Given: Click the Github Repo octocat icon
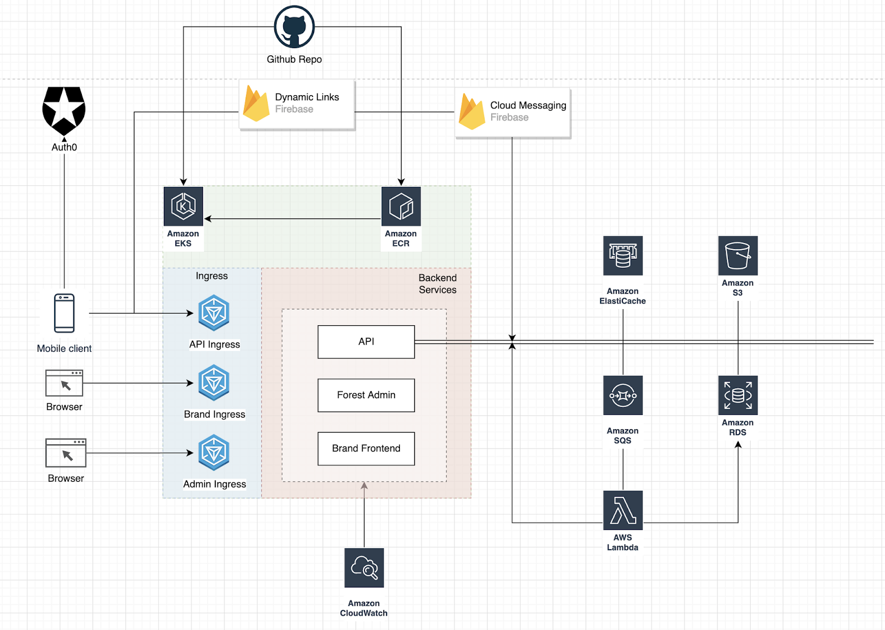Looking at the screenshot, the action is pos(294,27).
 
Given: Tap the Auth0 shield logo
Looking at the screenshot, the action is pos(64,111).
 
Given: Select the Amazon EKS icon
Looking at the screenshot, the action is pos(183,206).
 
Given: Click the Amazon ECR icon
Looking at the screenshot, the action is pos(401,206).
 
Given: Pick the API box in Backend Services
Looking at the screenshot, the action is pos(366,342).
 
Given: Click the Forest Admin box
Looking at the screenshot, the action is pos(366,395).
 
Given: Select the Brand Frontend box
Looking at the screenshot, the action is pos(366,449).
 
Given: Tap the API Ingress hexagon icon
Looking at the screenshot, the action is pos(214,313).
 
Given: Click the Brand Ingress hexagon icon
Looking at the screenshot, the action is pos(214,383).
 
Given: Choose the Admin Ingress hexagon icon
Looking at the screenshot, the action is pos(214,452).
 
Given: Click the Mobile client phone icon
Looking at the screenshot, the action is pos(64,313).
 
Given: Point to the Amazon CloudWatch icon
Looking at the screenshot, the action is pos(364,567).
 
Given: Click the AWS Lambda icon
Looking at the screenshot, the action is pos(623,510).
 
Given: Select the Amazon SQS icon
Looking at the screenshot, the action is pos(623,395).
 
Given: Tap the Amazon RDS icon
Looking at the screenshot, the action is pos(738,395).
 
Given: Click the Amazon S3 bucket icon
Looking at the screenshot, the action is pos(738,256).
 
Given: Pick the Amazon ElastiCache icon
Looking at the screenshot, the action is pos(623,256).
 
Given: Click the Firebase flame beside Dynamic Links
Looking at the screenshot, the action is pos(256,103).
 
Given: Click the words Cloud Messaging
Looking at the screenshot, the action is pos(528,106).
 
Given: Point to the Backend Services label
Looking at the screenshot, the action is pos(438,284).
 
